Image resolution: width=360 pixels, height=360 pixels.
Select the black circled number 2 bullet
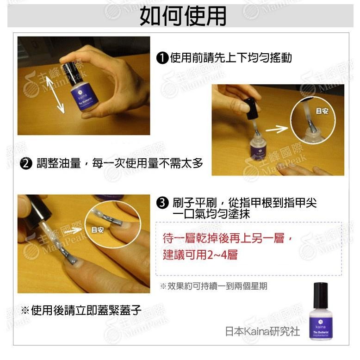tap(26, 163)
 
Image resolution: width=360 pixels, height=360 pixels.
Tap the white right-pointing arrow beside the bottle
tap(277, 128)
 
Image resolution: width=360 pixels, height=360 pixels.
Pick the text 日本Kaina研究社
tap(262, 331)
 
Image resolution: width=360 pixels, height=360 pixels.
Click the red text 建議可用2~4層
tap(200, 254)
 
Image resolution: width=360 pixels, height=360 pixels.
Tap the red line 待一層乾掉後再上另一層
tap(228, 238)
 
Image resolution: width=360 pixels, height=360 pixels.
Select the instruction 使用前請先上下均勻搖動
tap(231, 58)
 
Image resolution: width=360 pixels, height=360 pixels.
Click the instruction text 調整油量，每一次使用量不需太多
tap(120, 163)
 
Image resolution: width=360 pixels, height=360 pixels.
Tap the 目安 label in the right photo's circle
tap(321, 111)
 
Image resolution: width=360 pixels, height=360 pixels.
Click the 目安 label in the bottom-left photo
tap(97, 230)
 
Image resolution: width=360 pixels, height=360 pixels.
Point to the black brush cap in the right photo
tap(250, 107)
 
